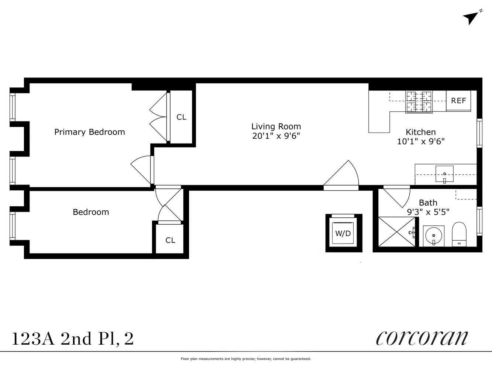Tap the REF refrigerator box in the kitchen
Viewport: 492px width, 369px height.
(x=458, y=101)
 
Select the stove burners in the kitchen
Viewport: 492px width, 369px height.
(x=419, y=101)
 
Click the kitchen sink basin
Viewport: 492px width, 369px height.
(x=444, y=174)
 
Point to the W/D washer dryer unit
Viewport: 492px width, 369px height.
(x=343, y=233)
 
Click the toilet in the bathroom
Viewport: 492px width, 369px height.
(x=460, y=234)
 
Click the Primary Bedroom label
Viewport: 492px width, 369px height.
(x=89, y=132)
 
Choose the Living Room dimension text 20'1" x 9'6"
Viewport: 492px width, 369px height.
(x=276, y=136)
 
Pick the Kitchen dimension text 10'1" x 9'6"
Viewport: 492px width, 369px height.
(x=421, y=141)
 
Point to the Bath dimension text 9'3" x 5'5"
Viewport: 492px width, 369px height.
(x=428, y=212)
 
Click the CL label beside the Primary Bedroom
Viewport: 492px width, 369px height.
(x=181, y=117)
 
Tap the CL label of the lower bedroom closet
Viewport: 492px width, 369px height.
(x=170, y=240)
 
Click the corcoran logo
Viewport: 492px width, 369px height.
(x=422, y=337)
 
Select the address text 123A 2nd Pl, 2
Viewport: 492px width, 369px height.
(x=73, y=339)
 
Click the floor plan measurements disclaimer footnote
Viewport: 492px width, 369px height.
(x=246, y=359)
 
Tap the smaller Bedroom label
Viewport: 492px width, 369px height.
(x=91, y=212)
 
